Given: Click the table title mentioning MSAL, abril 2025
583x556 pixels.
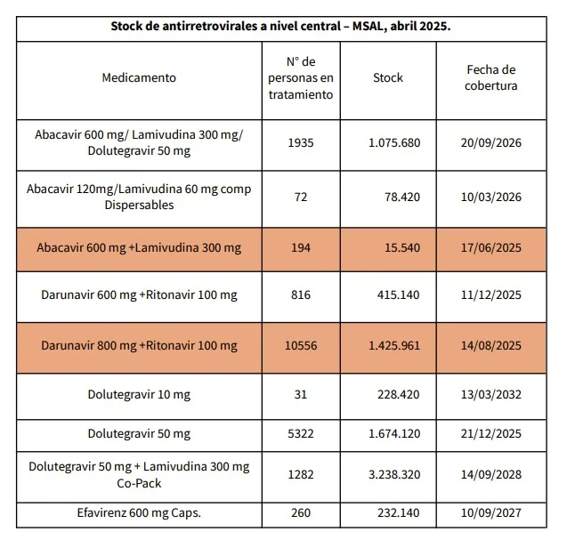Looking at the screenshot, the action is click(280, 27).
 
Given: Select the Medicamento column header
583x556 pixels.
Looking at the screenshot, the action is click(139, 77).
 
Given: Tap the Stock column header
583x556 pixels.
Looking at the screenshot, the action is click(388, 77).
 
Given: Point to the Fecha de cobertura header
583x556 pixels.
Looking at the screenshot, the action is click(491, 77).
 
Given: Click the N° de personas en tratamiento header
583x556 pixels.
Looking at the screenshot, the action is click(301, 78).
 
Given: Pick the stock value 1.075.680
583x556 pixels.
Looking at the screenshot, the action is click(394, 142).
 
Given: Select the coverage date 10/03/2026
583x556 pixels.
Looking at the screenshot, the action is click(491, 197).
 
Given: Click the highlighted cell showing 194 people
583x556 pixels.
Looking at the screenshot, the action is click(301, 248).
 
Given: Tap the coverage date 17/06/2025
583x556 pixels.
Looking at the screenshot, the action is click(491, 248).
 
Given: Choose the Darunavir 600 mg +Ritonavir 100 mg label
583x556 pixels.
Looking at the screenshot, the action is click(139, 295).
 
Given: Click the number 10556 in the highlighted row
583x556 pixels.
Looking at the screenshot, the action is click(301, 346).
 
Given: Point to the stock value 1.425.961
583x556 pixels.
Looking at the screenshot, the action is click(394, 346).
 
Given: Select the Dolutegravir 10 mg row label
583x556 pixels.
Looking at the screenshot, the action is click(139, 395).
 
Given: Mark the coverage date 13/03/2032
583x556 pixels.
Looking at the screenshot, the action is click(491, 394).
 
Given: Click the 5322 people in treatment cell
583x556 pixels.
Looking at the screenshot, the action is click(301, 434).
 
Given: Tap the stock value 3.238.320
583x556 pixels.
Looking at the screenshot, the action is click(394, 475).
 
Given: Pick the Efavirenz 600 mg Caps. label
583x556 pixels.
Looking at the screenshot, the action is click(139, 513).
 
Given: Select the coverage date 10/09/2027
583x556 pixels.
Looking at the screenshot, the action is click(491, 513).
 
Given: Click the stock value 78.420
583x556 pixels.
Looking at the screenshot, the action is click(402, 197).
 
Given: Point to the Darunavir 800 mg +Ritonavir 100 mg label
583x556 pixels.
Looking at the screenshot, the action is click(139, 346).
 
